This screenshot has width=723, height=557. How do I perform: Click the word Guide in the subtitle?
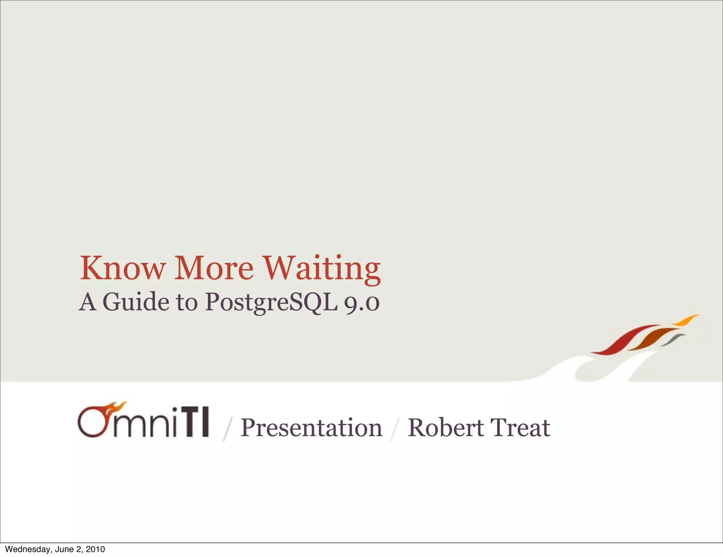(136, 302)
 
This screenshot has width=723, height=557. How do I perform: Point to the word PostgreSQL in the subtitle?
(271, 303)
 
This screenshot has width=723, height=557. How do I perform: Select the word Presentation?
(311, 428)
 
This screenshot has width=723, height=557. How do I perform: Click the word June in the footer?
(64, 549)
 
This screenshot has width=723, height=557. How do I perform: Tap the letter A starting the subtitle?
(88, 302)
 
